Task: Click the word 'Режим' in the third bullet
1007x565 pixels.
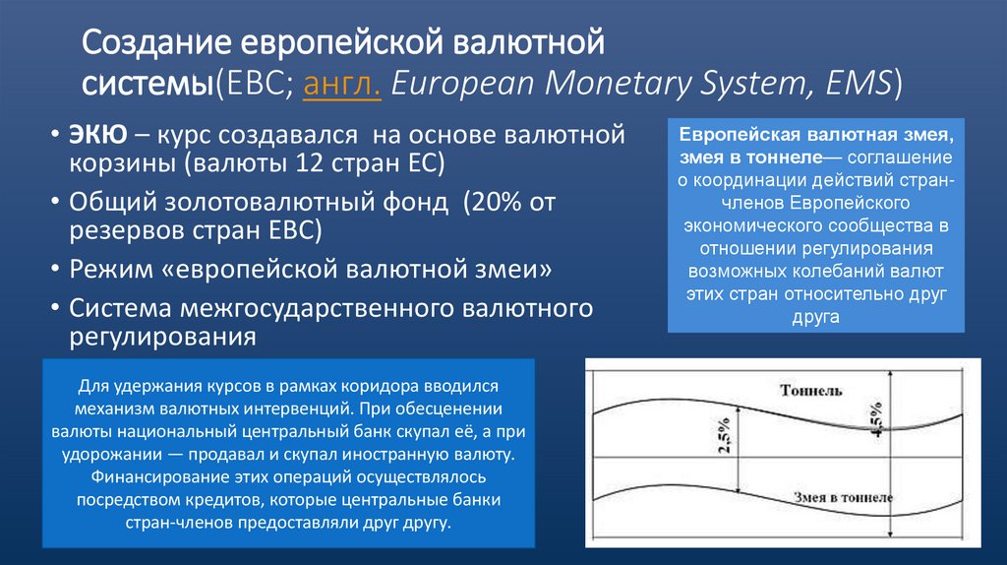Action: click(109, 270)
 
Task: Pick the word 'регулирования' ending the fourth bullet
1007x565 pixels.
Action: click(162, 336)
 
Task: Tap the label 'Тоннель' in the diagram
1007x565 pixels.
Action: click(810, 391)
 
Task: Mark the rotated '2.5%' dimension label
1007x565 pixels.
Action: click(724, 436)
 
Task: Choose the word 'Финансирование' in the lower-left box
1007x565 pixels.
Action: click(145, 477)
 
